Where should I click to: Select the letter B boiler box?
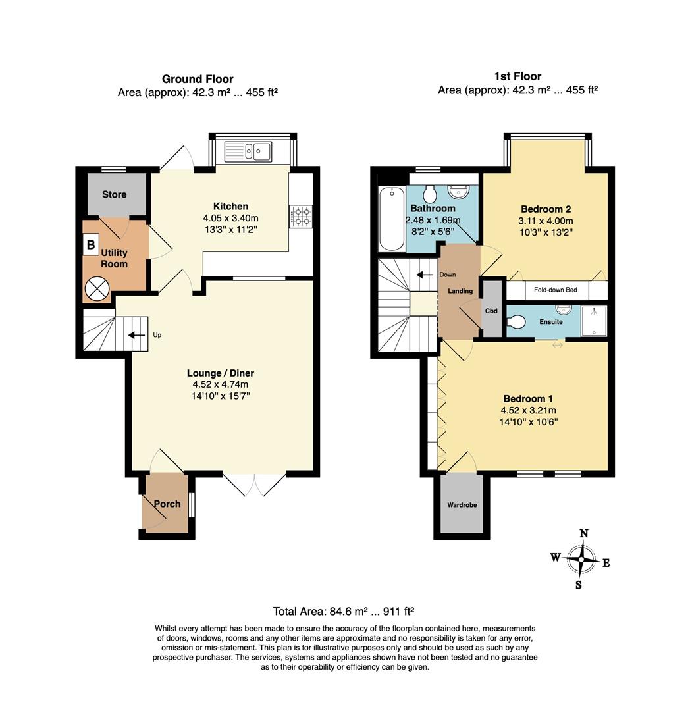[90, 246]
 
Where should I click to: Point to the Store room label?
[114, 194]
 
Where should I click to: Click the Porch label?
[167, 504]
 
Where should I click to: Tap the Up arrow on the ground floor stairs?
[136, 335]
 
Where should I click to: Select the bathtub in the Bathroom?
[392, 219]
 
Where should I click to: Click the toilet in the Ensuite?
[517, 322]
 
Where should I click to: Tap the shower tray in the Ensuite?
[594, 320]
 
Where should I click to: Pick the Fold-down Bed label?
[556, 290]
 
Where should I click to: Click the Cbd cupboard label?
[491, 311]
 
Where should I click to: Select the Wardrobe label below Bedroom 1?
[462, 505]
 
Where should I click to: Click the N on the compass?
[583, 533]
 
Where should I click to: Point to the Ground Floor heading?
[198, 79]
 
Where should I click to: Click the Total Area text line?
[343, 610]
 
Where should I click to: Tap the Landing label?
[460, 291]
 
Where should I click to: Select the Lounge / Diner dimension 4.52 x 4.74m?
[221, 384]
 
